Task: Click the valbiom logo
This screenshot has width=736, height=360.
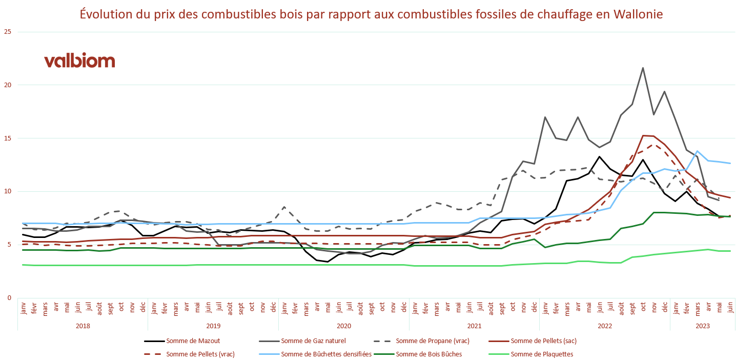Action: pyautogui.click(x=79, y=61)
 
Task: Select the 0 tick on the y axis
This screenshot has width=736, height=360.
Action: pyautogui.click(x=8, y=298)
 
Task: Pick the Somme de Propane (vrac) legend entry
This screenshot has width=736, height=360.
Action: pyautogui.click(x=433, y=341)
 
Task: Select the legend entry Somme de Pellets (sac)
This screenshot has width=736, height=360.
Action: pyautogui.click(x=547, y=341)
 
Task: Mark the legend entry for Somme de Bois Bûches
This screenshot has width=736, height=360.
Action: pyautogui.click(x=428, y=354)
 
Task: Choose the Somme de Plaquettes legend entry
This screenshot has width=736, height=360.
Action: pyautogui.click(x=542, y=354)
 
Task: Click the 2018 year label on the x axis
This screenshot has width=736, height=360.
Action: pyautogui.click(x=83, y=326)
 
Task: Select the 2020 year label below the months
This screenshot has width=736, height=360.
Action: pyautogui.click(x=343, y=326)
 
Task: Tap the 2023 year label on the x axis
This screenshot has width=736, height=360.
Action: pyautogui.click(x=702, y=326)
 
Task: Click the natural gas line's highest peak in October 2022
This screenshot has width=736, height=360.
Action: pyautogui.click(x=643, y=68)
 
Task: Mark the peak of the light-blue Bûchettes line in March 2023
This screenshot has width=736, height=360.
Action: pyautogui.click(x=697, y=151)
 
